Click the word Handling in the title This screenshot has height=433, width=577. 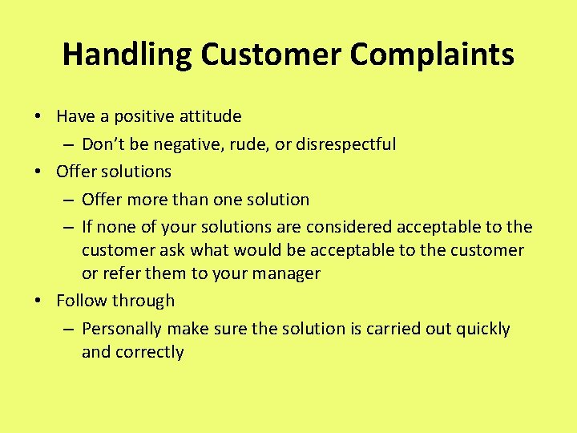tap(127, 55)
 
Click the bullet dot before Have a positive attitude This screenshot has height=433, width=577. tap(38, 117)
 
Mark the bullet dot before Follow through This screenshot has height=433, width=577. tap(38, 301)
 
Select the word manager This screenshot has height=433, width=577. tap(287, 273)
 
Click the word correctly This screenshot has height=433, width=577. tap(150, 352)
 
